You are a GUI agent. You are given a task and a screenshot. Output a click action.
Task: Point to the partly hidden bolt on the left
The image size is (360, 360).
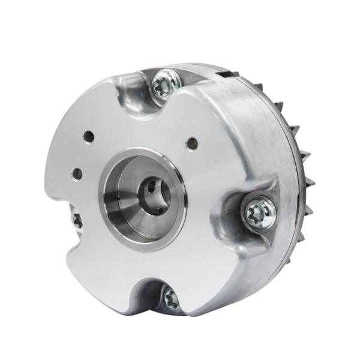(x=76, y=220)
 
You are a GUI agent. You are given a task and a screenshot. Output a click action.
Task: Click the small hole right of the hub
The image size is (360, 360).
(x=193, y=143)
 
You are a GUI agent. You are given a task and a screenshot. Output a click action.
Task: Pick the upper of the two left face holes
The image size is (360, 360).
(x=88, y=137)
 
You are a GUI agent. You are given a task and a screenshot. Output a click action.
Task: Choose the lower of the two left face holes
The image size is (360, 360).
(x=77, y=174)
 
